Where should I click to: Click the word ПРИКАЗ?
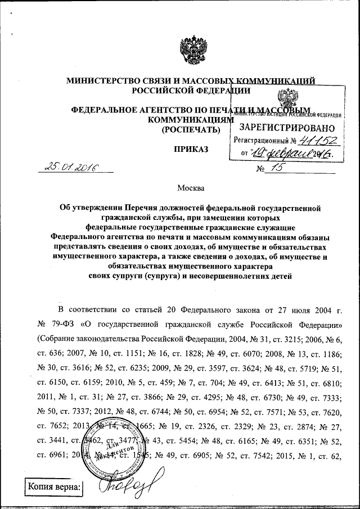[x=191, y=149]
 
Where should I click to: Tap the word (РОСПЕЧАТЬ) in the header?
[x=191, y=130]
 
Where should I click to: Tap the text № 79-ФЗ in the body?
[x=66, y=325]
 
